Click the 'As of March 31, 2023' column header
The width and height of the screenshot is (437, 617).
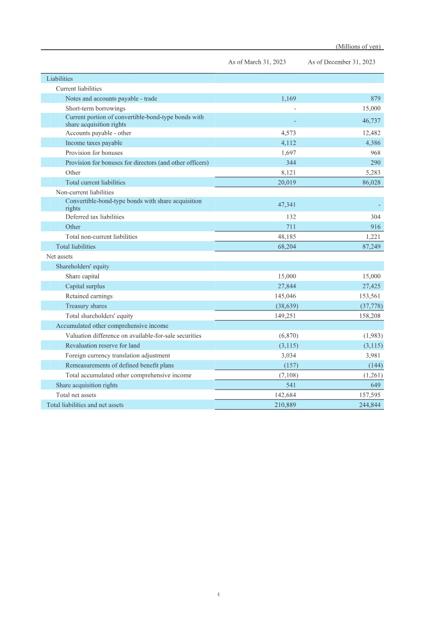coord(257,62)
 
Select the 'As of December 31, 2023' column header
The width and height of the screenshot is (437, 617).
coord(341,62)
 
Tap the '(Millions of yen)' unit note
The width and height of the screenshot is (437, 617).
coord(358,46)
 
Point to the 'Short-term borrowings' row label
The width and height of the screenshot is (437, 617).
coord(95,109)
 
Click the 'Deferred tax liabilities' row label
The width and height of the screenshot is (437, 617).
coord(95,217)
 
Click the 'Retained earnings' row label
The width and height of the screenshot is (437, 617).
coord(88,296)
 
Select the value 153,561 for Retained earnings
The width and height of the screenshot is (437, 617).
coord(370,296)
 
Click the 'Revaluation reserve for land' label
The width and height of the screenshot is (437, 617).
coord(102,346)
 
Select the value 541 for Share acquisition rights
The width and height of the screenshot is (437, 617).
coord(291,385)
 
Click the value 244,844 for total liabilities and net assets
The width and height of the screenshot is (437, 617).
coord(369,405)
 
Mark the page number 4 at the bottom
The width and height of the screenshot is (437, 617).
coord(218,594)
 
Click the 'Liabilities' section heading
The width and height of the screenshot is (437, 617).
coord(60,79)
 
